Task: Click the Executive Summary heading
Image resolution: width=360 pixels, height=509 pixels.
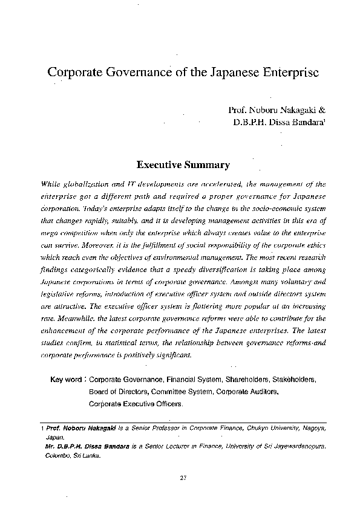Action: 182,164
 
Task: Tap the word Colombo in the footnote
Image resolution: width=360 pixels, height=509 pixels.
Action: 58,456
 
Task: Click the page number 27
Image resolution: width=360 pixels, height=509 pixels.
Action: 183,479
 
